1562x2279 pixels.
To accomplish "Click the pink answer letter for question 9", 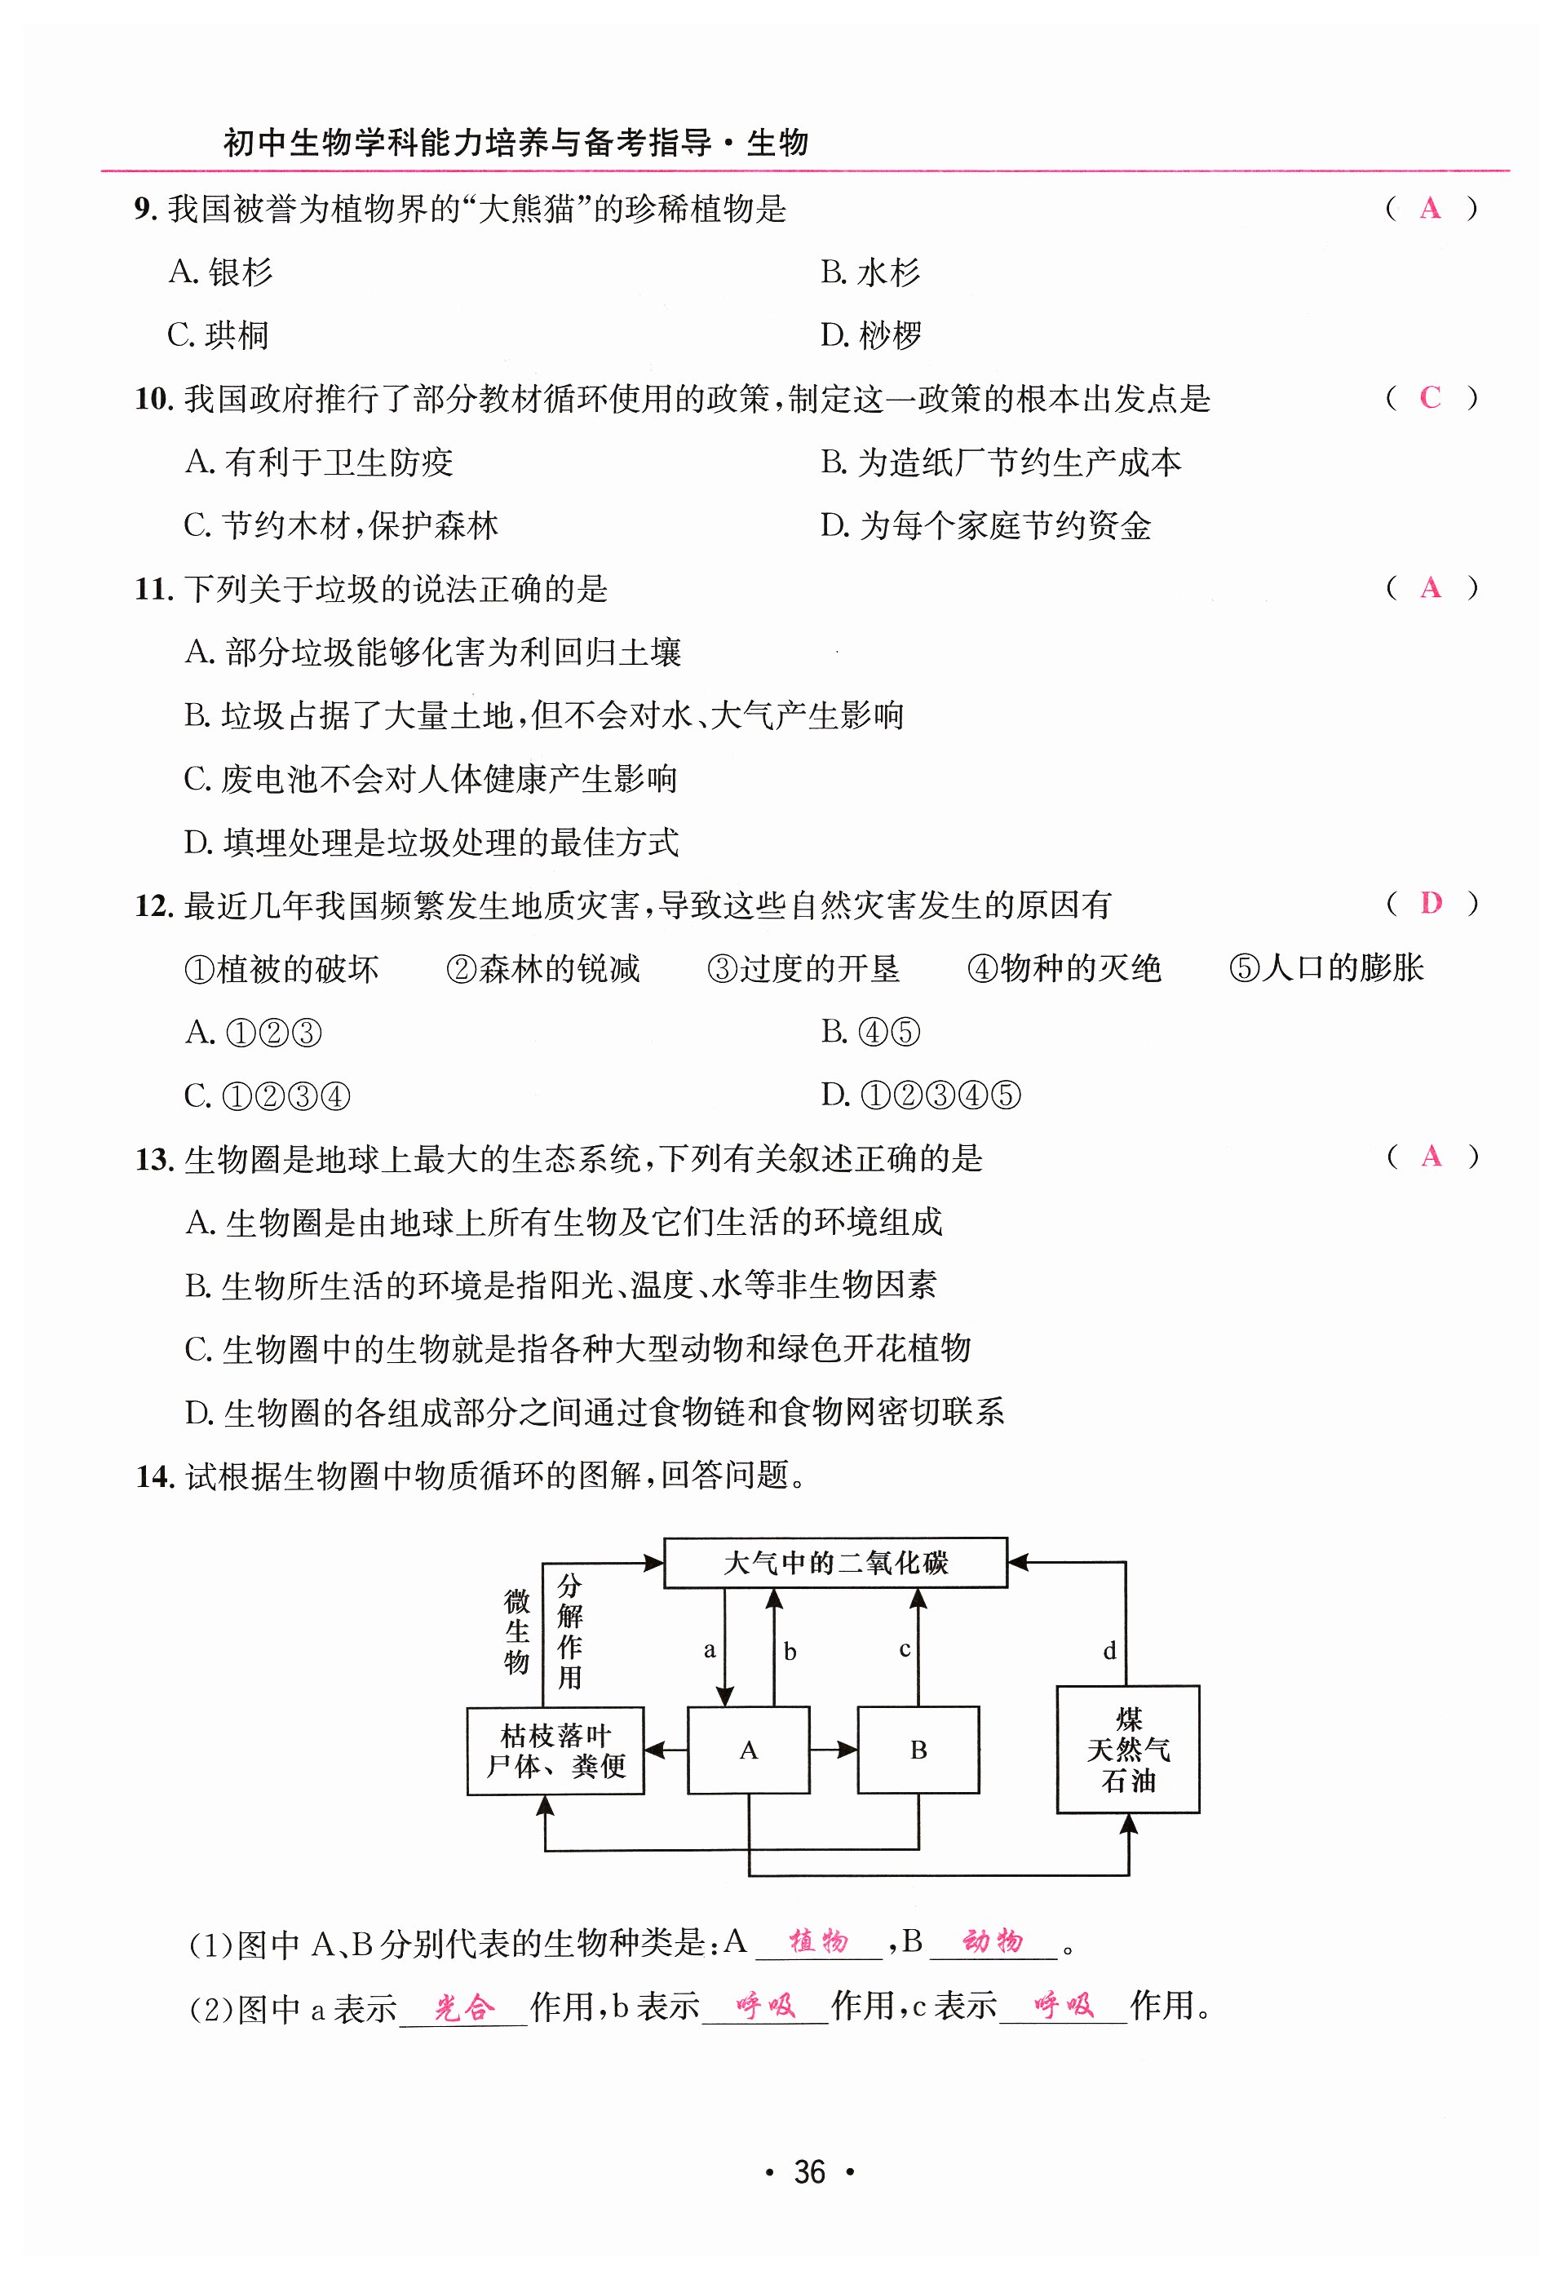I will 1430,208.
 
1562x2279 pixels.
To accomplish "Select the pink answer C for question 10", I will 1430,397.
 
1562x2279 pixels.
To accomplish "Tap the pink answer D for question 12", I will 1431,903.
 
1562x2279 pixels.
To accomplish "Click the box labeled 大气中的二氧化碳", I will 834,1562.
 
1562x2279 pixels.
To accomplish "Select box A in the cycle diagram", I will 748,1750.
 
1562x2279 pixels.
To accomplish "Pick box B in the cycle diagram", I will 918,1750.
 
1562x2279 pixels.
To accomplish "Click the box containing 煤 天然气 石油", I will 1127,1750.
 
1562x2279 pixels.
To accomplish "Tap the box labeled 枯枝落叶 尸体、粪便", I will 555,1750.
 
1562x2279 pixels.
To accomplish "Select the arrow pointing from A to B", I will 834,1750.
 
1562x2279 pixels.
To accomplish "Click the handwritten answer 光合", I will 465,2007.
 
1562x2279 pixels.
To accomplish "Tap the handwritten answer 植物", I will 819,1940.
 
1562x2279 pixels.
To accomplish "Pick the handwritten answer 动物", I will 993,1940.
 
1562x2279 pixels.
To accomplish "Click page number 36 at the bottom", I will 809,2172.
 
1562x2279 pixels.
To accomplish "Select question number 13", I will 154,1160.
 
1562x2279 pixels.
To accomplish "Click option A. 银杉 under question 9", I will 220,272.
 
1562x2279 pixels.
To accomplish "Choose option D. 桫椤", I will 870,335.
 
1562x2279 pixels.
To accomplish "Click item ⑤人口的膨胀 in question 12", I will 1325,968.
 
